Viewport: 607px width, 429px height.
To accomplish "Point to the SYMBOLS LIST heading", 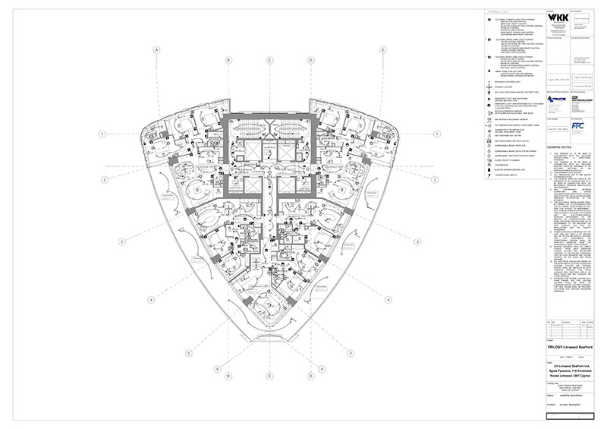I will coord(497,11).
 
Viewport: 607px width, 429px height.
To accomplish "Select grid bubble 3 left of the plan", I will coord(120,242).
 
